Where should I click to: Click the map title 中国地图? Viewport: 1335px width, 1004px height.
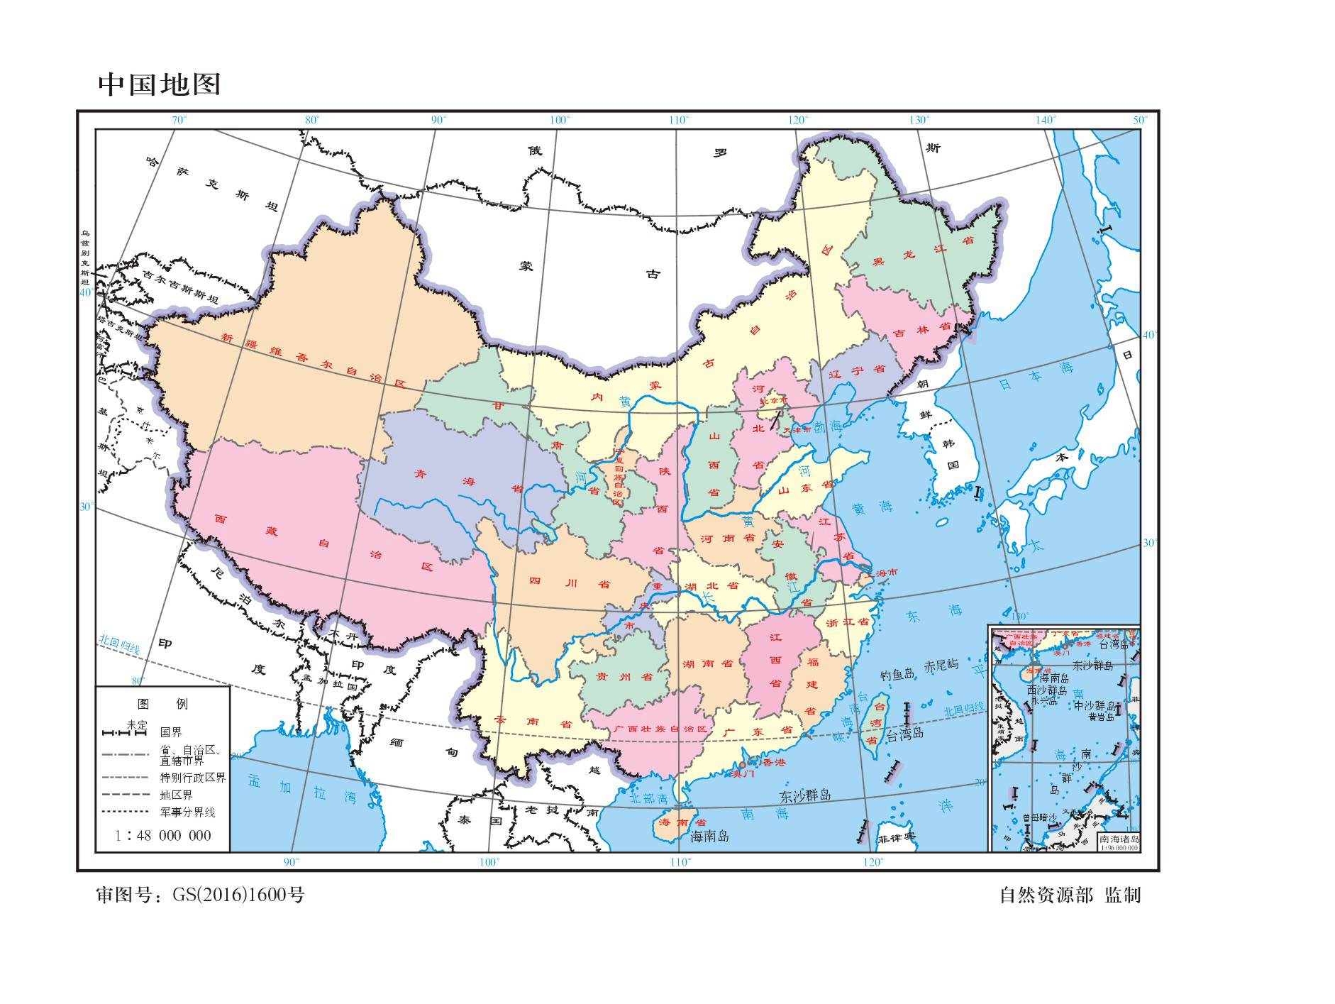coord(160,84)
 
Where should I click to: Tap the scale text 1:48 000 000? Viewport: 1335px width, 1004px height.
coord(163,836)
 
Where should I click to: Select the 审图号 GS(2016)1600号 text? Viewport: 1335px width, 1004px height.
coord(201,895)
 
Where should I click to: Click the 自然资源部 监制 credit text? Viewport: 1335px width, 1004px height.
coord(1069,895)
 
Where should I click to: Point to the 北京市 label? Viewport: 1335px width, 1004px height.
coord(774,400)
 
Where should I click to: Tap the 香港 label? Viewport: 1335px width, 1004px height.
coord(773,763)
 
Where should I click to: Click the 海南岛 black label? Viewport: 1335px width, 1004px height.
coord(709,837)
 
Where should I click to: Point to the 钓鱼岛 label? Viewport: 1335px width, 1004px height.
coord(897,674)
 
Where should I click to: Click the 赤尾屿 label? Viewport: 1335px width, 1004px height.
coord(941,666)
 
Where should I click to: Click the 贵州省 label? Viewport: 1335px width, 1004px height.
coord(614,677)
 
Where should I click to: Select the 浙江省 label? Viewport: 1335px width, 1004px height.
coord(847,622)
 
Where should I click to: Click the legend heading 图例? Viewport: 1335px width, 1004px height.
coord(162,704)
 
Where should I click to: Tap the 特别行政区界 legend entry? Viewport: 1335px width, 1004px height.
coord(193,778)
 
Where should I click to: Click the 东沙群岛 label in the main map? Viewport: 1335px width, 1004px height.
coord(805,795)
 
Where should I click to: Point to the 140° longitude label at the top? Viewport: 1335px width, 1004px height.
coord(1045,120)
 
